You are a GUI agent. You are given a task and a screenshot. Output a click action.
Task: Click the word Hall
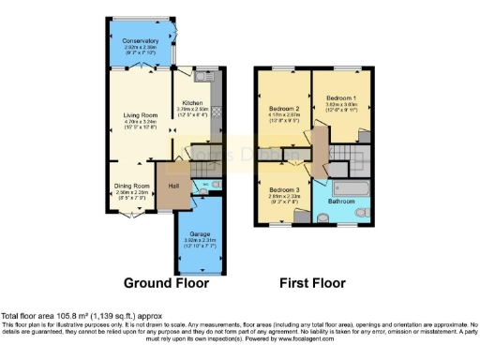[x=173, y=186]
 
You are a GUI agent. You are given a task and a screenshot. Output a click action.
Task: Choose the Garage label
[x=199, y=232]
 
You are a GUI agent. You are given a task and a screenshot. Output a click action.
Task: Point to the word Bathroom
[x=340, y=201]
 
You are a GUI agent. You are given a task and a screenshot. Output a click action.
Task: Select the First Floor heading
[x=314, y=282]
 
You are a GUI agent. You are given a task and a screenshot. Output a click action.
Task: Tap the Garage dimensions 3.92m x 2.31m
[x=199, y=240]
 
